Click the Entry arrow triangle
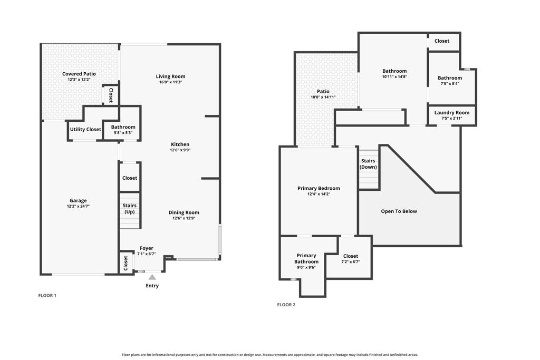coord(152,277)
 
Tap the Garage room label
coord(78,200)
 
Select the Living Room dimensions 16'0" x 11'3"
coord(170,82)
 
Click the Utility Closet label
coord(85,130)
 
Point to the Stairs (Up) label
coord(130,209)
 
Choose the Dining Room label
coord(184,212)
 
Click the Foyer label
coord(147,248)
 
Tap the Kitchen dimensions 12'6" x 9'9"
coord(180,150)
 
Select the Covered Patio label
coord(79,74)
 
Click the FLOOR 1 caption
coord(47,295)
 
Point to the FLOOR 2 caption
coord(286,305)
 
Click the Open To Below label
coord(399,211)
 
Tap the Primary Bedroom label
coord(319,188)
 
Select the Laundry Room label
coord(452,113)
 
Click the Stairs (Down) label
coord(368,164)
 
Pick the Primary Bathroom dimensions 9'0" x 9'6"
coord(306,267)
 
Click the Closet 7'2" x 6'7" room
coord(351,258)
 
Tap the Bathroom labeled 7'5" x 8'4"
coord(450,81)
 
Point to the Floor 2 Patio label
coord(323,91)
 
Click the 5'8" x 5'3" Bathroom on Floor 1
coord(123,130)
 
